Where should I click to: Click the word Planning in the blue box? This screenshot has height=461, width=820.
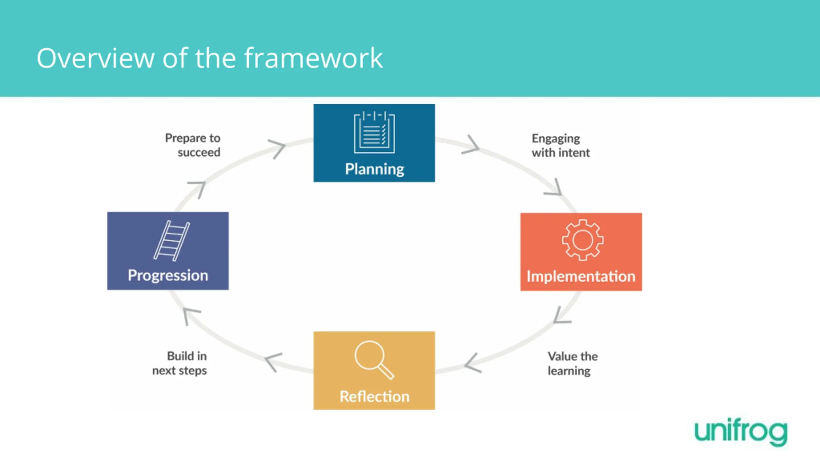click(x=374, y=169)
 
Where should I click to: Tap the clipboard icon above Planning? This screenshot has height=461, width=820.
click(x=374, y=132)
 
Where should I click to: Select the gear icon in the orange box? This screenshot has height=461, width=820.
click(x=582, y=240)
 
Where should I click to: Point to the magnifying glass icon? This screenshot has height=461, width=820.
click(x=373, y=360)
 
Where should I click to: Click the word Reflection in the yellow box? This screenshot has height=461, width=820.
click(x=374, y=397)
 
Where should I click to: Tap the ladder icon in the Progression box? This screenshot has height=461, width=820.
click(x=171, y=240)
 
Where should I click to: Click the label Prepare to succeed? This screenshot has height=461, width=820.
click(x=193, y=145)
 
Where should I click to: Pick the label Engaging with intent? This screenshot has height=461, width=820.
click(x=560, y=146)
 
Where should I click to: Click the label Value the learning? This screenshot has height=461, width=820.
click(x=572, y=363)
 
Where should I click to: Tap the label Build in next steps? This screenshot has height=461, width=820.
click(x=180, y=363)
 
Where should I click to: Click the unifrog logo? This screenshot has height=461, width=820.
click(x=741, y=432)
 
